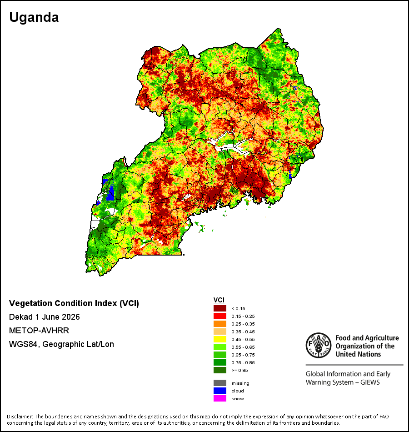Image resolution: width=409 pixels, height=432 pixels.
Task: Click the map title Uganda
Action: [34, 18]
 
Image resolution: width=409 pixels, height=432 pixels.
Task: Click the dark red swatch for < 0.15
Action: [220, 308]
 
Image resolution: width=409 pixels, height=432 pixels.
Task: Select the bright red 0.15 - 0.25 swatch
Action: [220, 316]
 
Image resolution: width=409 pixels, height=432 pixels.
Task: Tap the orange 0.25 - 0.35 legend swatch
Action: [220, 324]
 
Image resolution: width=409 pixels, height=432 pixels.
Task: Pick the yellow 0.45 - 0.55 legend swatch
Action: [220, 339]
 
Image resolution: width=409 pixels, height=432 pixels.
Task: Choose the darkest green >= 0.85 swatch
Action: [220, 370]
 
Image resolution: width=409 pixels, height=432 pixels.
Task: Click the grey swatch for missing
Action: [220, 383]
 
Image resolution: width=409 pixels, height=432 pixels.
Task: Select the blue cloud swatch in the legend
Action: [220, 391]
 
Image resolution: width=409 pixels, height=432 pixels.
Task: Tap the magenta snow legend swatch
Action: [220, 398]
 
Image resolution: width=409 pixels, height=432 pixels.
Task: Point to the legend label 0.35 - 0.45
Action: [243, 332]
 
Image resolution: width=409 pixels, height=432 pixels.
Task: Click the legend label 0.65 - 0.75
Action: [243, 355]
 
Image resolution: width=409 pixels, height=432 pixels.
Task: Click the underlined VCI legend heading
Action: [219, 300]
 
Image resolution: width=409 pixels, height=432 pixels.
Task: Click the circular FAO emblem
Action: [319, 345]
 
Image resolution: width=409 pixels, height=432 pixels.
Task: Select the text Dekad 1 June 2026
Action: [45, 317]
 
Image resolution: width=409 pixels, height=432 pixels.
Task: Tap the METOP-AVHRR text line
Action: [39, 330]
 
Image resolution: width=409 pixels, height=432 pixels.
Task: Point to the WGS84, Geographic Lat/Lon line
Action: [61, 344]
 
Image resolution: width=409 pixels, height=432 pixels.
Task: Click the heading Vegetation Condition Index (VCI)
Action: [74, 303]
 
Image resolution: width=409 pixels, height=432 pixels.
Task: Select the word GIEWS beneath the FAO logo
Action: [370, 382]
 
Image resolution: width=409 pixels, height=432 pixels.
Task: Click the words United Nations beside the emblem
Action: [358, 354]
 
